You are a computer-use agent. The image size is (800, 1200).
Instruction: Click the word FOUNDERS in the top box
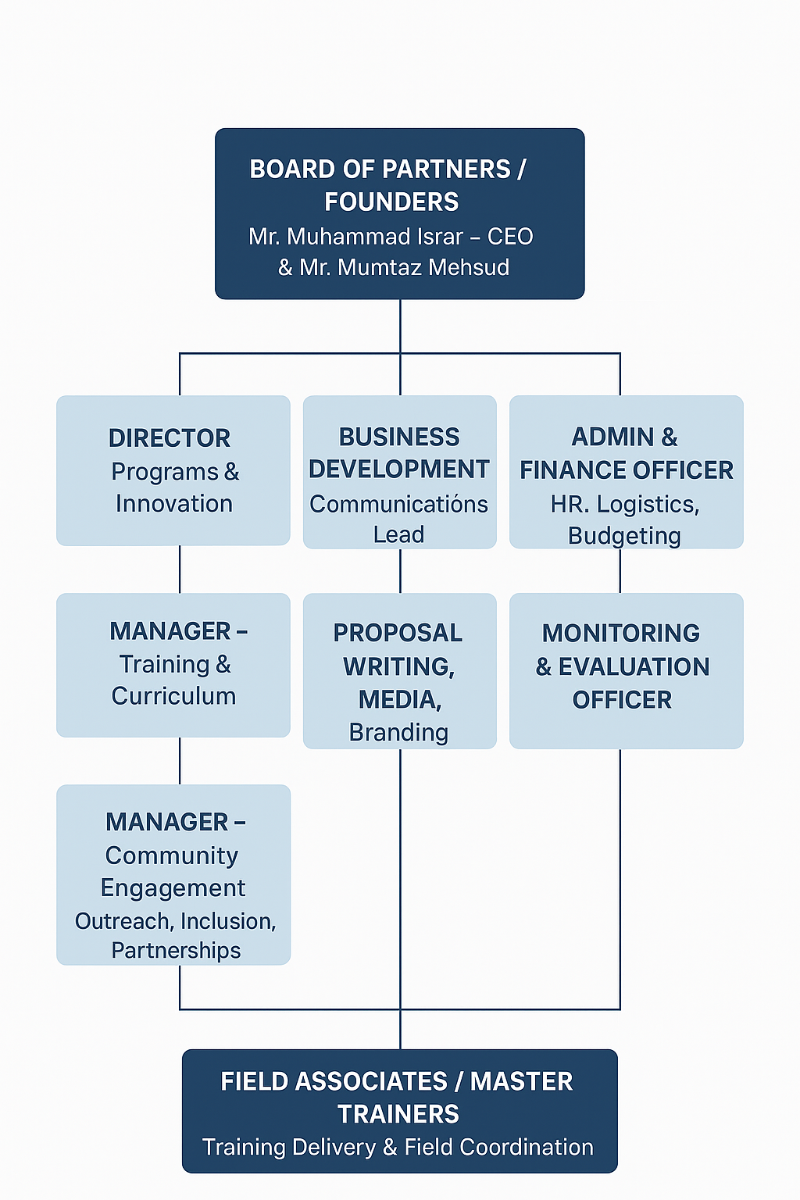pyautogui.click(x=391, y=202)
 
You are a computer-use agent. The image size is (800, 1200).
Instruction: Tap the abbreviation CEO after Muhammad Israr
pyautogui.click(x=510, y=236)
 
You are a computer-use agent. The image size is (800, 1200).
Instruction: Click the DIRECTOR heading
pyautogui.click(x=170, y=438)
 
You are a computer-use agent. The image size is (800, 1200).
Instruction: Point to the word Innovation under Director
pyautogui.click(x=174, y=504)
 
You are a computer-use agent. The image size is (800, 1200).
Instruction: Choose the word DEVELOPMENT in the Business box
pyautogui.click(x=399, y=470)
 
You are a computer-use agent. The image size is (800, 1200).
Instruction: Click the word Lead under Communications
pyautogui.click(x=398, y=534)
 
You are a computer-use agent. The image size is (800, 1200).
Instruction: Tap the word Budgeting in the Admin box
pyautogui.click(x=624, y=536)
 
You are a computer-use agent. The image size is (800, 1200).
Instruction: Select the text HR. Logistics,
pyautogui.click(x=624, y=505)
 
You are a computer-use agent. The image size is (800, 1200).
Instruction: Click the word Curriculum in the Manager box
pyautogui.click(x=173, y=696)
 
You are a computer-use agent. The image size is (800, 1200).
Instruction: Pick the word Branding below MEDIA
pyautogui.click(x=398, y=732)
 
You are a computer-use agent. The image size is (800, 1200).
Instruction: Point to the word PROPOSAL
pyautogui.click(x=398, y=633)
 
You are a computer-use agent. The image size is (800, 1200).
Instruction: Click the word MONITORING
pyautogui.click(x=621, y=633)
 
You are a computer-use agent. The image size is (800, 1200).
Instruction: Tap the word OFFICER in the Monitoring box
pyautogui.click(x=622, y=700)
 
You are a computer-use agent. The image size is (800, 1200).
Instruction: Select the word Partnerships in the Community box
pyautogui.click(x=176, y=950)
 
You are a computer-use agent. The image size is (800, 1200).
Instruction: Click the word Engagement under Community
pyautogui.click(x=173, y=888)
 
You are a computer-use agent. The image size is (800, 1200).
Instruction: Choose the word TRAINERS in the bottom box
pyautogui.click(x=398, y=1114)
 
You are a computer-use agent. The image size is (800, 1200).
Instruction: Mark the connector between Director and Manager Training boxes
pyautogui.click(x=180, y=570)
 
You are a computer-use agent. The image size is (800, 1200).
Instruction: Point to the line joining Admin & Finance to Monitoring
pyautogui.click(x=620, y=571)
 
